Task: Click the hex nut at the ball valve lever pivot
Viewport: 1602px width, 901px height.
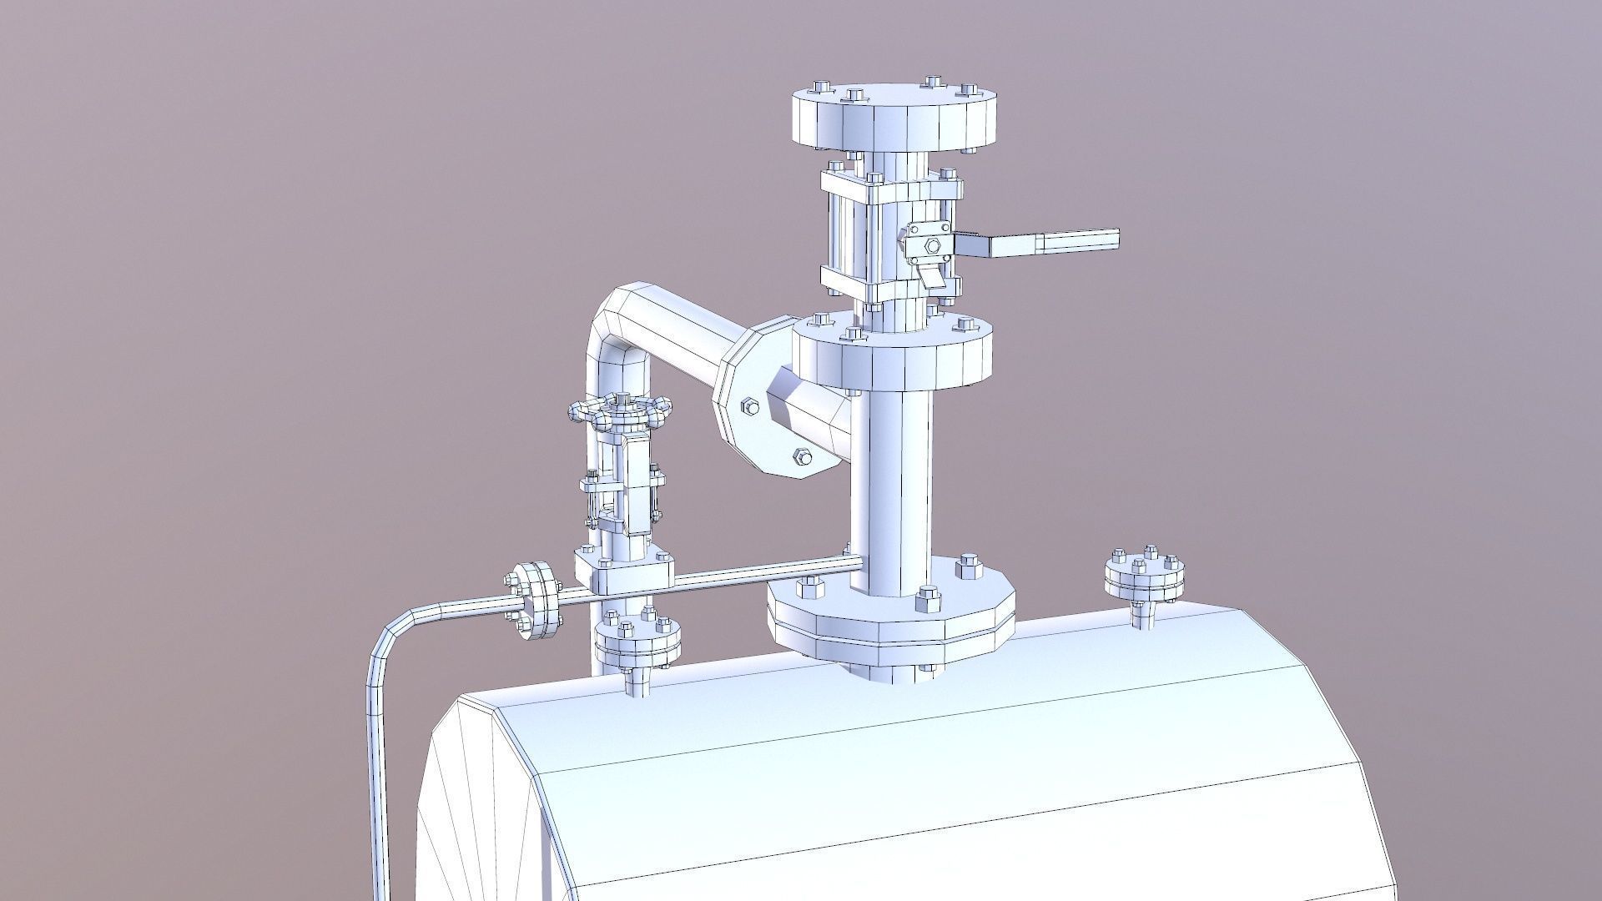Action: (x=932, y=245)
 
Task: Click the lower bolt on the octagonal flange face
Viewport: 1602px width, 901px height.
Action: (x=802, y=456)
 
